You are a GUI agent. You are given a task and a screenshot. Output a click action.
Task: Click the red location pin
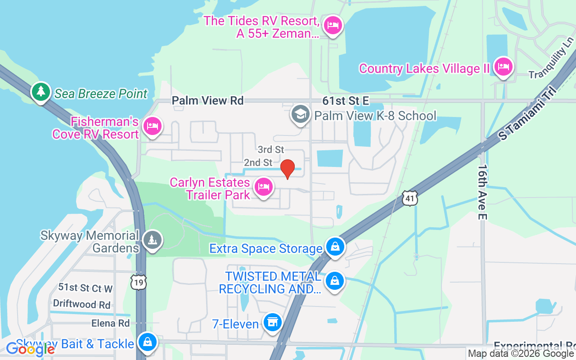coord(288,169)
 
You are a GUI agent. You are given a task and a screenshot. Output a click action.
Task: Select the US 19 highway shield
coord(138,282)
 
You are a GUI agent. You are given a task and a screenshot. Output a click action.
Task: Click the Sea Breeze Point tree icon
coord(41,91)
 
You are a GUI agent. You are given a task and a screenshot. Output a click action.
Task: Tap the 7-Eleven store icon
coord(272,323)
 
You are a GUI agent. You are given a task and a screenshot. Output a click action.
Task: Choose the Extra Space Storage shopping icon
coord(335,247)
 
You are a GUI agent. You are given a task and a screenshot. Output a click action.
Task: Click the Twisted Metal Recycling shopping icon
coord(334,281)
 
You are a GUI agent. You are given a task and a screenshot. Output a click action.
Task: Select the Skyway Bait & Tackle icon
coord(147,342)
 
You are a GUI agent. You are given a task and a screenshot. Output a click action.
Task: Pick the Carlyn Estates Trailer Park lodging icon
coord(263,186)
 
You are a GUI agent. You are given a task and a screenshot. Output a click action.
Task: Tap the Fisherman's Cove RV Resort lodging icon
coord(152,126)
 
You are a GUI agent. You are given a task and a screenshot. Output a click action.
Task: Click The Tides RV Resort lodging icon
coord(333,25)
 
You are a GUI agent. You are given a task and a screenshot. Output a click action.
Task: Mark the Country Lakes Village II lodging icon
coord(503,67)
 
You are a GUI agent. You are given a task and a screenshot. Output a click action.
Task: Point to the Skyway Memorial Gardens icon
coord(153,240)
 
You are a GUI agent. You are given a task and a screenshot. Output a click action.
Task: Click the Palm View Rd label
coord(207,100)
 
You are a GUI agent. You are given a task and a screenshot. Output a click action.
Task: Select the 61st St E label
coord(345,101)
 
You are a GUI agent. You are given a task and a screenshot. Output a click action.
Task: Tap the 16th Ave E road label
coord(483,192)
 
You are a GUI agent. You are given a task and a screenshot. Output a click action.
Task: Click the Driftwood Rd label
coord(81,304)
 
